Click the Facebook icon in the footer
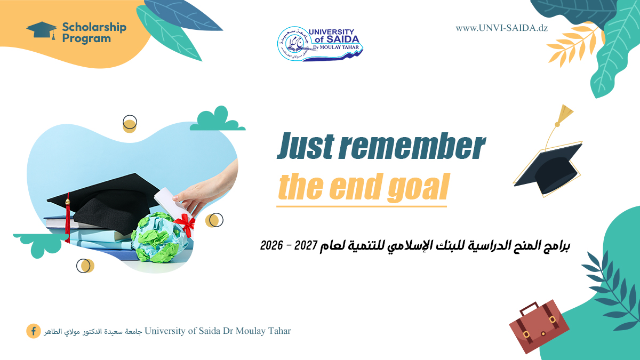tap(33, 331)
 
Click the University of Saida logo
tap(320, 43)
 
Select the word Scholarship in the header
tap(94, 27)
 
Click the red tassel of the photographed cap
tap(67, 219)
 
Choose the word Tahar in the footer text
tap(278, 331)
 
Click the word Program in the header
tap(86, 38)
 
